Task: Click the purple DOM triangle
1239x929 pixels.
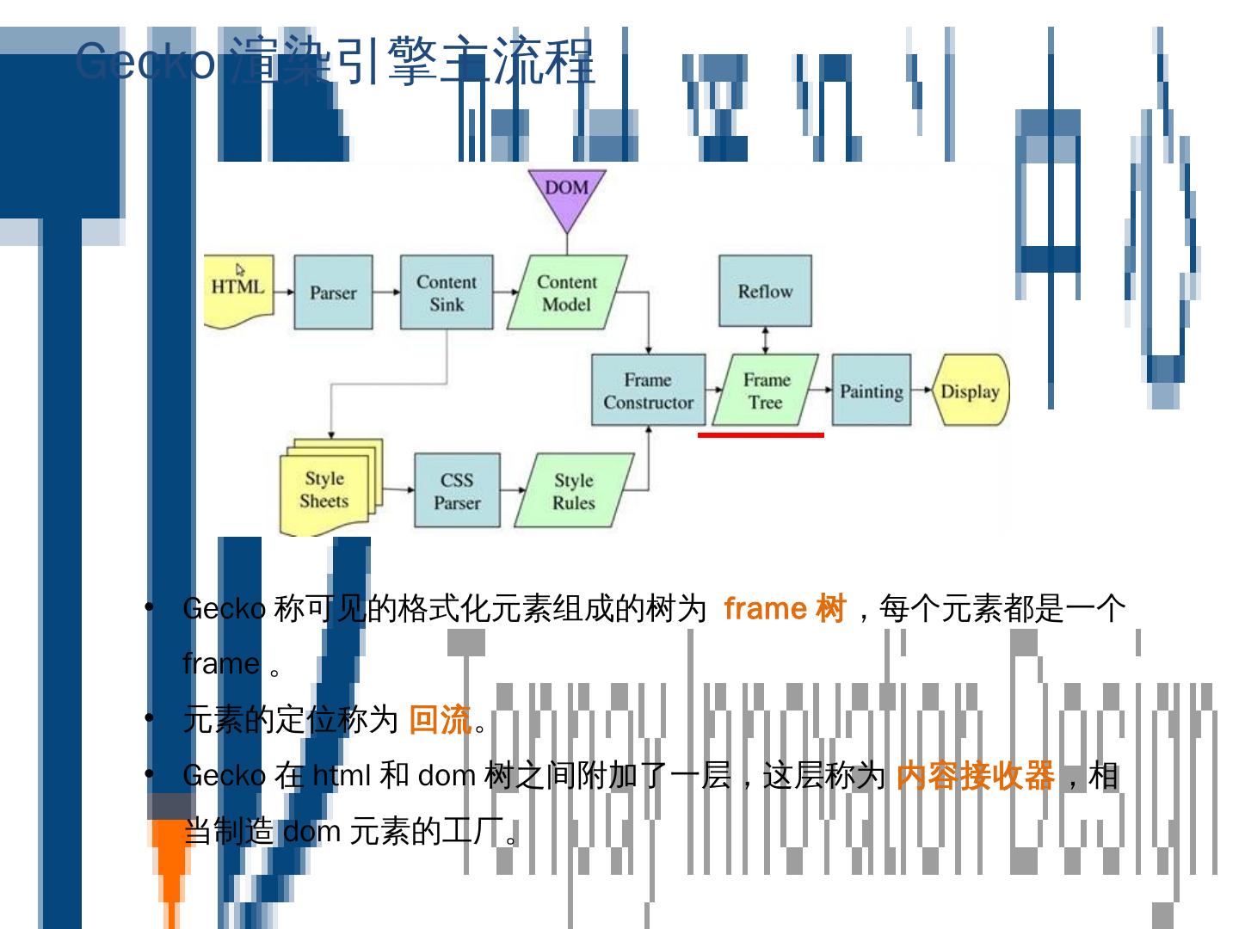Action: point(567,194)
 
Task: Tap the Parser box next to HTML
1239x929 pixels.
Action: point(333,292)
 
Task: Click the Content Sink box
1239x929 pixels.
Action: point(447,292)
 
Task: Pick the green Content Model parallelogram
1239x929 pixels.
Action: point(566,292)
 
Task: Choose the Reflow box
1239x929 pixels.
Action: point(765,291)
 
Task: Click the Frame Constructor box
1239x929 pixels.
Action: point(648,391)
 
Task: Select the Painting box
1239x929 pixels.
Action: point(871,391)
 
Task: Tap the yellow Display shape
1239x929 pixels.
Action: point(970,391)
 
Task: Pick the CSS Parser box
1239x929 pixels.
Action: point(457,490)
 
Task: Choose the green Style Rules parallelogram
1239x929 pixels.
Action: point(574,490)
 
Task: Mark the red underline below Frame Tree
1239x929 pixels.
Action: point(761,435)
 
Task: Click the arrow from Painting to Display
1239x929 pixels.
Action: point(922,391)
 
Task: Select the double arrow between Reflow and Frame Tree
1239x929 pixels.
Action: point(765,340)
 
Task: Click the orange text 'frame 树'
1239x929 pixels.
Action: point(785,608)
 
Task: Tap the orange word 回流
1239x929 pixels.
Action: point(440,719)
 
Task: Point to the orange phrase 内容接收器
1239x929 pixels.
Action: point(975,776)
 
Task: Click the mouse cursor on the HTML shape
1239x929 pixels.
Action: point(240,269)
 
